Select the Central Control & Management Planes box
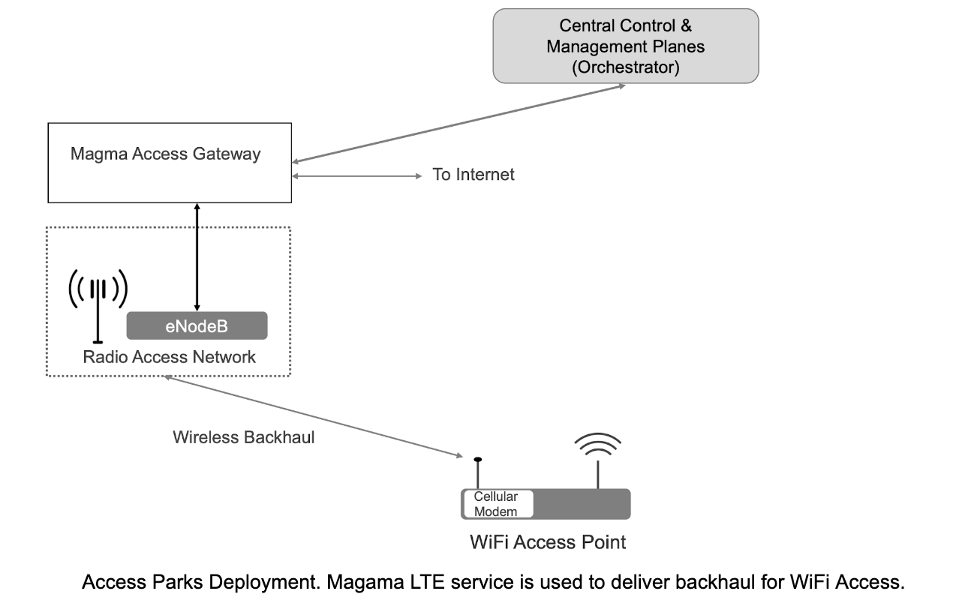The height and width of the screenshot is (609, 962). [x=625, y=46]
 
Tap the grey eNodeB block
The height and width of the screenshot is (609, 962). [x=197, y=326]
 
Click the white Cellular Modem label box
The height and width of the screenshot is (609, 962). [x=496, y=504]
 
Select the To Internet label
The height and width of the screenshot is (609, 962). [x=473, y=175]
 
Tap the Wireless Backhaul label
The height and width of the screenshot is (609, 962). [x=243, y=437]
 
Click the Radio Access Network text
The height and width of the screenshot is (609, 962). [x=169, y=356]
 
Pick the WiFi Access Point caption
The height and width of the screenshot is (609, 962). [x=547, y=541]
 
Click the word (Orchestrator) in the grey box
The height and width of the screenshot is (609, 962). [x=625, y=67]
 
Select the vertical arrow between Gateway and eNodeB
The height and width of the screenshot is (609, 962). [x=197, y=256]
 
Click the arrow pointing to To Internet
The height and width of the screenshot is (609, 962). [x=357, y=175]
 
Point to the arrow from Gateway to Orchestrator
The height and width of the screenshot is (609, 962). [x=458, y=122]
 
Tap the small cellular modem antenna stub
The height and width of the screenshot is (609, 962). [x=477, y=472]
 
